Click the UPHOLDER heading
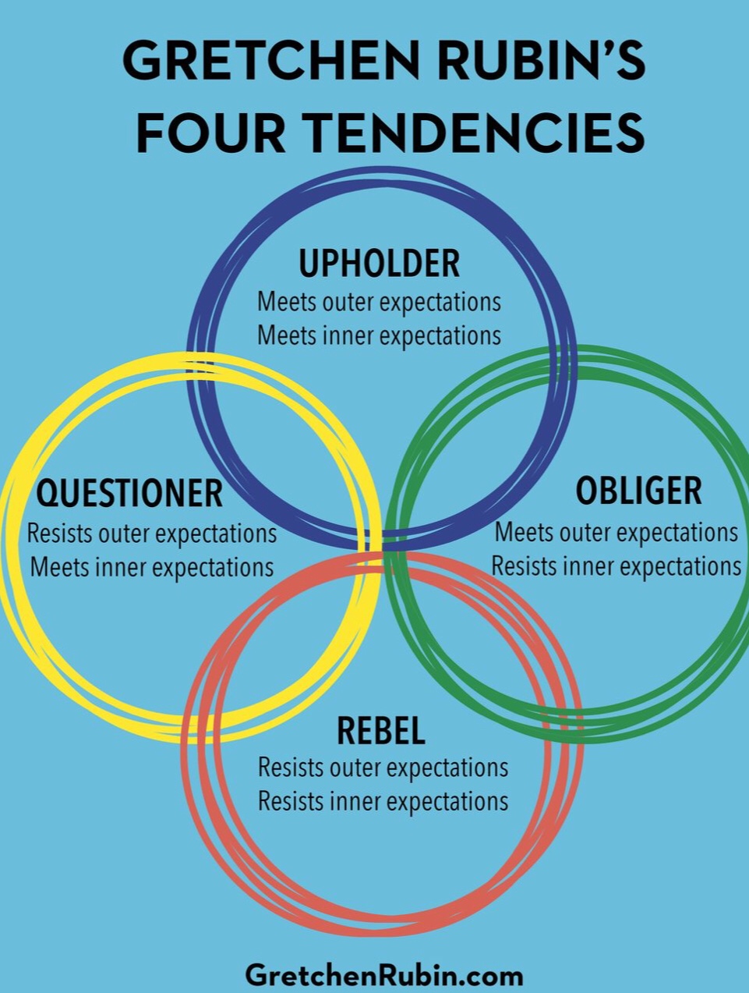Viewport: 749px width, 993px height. (x=380, y=264)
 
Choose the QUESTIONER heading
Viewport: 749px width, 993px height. (x=129, y=493)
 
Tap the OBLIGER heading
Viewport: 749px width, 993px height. (x=638, y=491)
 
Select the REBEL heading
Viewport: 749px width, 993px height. (x=381, y=731)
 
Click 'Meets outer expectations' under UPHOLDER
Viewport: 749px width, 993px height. (x=379, y=302)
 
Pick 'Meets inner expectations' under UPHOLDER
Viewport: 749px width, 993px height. (x=379, y=335)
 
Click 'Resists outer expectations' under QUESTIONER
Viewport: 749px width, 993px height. (x=152, y=534)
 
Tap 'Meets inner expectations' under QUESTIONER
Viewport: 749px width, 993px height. (x=152, y=567)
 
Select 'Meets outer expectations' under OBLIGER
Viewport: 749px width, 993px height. (x=617, y=532)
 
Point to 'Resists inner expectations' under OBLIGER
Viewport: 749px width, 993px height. (x=616, y=566)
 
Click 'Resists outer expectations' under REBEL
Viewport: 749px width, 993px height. (x=383, y=768)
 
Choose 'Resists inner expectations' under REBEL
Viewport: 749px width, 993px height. (x=383, y=801)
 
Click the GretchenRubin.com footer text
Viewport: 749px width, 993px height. (x=383, y=975)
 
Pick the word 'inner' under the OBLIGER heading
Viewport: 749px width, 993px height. (x=589, y=566)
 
